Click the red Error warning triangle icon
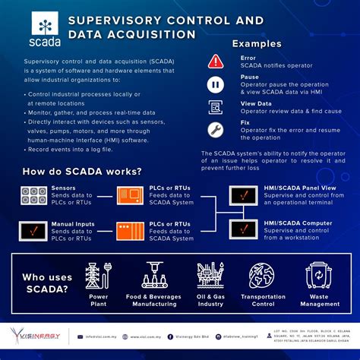click(216, 62)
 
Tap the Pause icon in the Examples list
click(216, 84)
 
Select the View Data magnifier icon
click(216, 107)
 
